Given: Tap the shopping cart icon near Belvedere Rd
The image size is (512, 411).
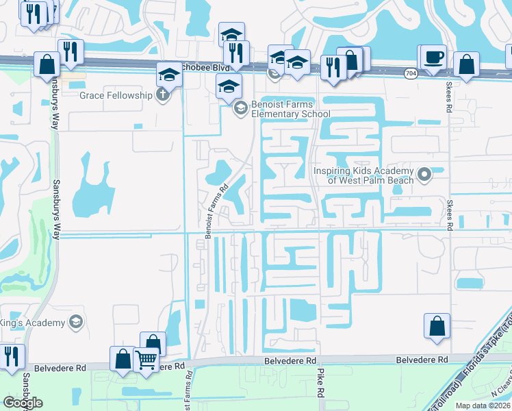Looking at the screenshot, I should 146,358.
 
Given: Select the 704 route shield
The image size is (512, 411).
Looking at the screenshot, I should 410,73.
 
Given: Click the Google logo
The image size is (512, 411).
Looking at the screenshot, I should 23,403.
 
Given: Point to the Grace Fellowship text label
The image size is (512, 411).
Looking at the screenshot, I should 115,95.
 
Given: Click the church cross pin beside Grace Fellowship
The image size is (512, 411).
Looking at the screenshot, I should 162,95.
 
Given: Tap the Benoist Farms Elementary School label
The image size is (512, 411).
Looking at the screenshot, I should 281,108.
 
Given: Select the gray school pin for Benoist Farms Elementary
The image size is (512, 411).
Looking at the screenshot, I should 240,108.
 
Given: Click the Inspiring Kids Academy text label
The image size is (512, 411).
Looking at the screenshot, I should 364,175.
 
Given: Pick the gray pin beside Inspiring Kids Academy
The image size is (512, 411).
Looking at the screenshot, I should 424,175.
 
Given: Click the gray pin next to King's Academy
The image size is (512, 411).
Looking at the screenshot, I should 76,322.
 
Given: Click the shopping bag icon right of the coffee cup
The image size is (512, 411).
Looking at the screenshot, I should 466,65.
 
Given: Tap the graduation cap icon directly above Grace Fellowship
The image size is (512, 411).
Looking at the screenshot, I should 168,74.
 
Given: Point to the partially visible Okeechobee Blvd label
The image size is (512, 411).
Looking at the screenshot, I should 209,68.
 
